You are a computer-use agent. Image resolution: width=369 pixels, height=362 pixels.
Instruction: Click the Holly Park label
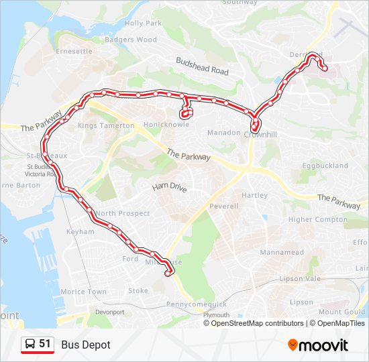[144, 23]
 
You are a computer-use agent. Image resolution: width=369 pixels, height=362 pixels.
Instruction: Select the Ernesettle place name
[74, 51]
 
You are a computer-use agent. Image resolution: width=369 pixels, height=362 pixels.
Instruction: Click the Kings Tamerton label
[106, 125]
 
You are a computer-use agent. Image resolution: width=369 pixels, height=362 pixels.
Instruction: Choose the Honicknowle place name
[166, 125]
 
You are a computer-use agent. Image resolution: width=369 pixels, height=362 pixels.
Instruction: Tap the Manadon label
[223, 133]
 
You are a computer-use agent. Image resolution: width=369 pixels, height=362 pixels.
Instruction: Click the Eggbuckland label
[325, 165]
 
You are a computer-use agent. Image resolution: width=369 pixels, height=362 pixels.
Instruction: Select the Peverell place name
[223, 206]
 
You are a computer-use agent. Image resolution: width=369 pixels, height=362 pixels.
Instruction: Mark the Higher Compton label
[318, 219]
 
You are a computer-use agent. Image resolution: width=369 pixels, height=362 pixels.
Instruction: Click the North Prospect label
[122, 213]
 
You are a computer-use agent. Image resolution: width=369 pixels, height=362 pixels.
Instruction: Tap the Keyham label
[81, 231]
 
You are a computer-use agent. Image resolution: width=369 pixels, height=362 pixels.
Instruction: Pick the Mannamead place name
[281, 253]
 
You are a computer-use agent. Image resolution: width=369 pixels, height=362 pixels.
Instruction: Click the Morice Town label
[83, 292]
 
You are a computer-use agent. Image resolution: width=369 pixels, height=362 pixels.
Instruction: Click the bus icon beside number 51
[30, 344]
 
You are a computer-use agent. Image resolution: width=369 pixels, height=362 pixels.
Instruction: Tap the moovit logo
[318, 345]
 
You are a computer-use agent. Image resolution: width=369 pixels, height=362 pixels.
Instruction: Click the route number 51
[45, 344]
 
